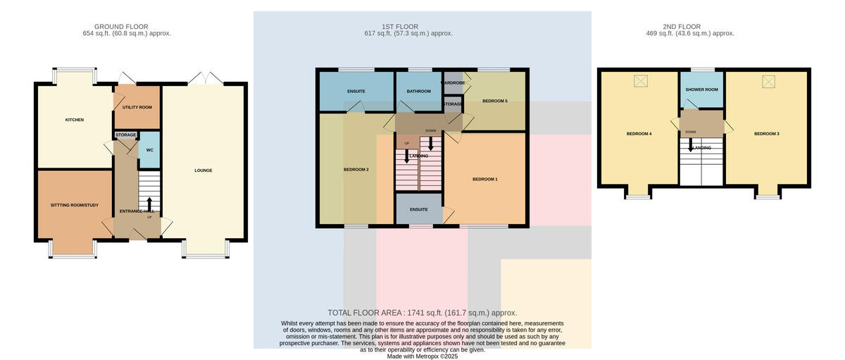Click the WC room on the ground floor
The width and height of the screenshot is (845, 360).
click(150, 150)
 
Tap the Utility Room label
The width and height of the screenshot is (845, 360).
click(137, 107)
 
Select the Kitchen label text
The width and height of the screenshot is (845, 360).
click(75, 120)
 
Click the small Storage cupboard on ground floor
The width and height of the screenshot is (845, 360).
click(125, 135)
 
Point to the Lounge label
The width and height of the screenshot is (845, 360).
click(204, 170)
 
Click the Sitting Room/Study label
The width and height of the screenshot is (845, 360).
click(75, 205)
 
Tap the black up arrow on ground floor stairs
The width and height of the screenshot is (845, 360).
click(149, 204)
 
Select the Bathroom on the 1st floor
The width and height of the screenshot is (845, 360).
click(419, 92)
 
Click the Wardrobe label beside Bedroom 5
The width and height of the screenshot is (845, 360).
click(453, 82)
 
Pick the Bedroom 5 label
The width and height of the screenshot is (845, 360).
click(495, 101)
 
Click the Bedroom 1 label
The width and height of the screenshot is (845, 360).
click(485, 179)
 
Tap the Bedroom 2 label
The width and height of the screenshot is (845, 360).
click(356, 170)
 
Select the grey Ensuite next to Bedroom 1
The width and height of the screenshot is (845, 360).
click(419, 209)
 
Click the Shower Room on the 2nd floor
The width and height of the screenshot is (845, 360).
click(701, 89)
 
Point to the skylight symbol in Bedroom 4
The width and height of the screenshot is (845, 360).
click(640, 81)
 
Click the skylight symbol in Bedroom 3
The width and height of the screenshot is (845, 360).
click(768, 82)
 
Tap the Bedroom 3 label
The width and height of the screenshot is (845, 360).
click(767, 134)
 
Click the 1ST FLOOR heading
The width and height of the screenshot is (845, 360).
click(400, 27)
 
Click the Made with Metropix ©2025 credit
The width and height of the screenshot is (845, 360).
click(423, 356)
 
